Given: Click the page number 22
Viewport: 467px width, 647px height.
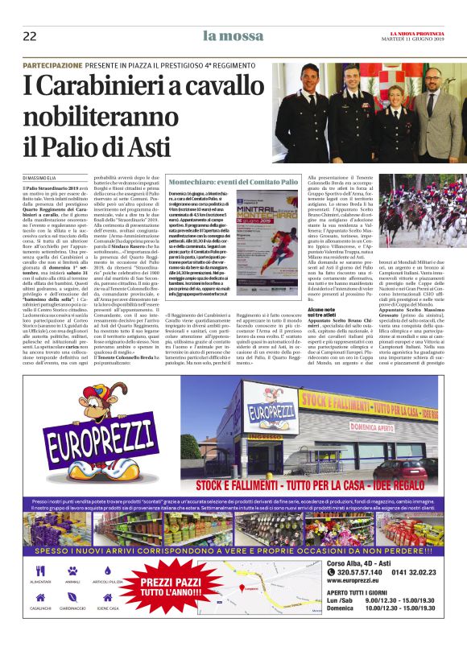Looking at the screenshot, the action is (x=30, y=36).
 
